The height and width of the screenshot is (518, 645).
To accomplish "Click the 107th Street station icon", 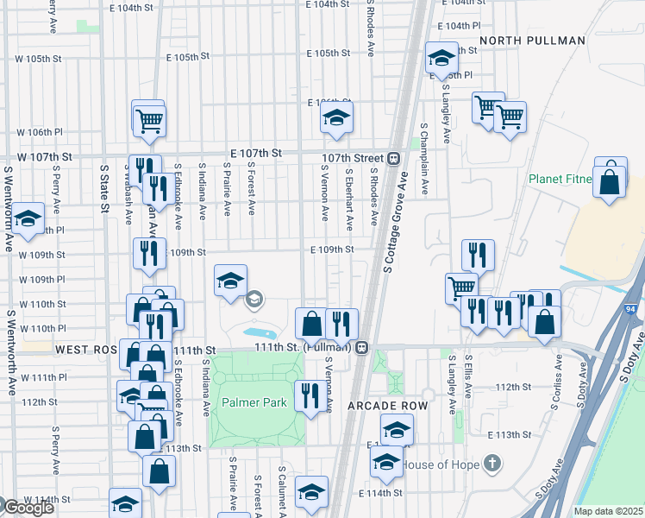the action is click(393, 158).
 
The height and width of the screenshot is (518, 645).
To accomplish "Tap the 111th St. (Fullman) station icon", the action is click(362, 348).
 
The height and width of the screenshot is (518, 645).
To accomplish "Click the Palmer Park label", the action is click(254, 403).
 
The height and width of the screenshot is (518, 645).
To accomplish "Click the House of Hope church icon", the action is click(492, 464).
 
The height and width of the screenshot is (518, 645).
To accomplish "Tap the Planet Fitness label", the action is click(561, 180).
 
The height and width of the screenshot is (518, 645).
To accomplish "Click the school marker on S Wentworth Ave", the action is click(28, 219).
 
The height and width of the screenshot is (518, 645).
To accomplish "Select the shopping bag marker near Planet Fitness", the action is click(610, 181).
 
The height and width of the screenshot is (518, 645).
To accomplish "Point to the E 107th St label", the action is click(255, 153).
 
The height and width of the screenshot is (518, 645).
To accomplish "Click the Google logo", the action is click(28, 508).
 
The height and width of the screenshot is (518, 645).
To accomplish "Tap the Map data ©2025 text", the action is click(609, 511).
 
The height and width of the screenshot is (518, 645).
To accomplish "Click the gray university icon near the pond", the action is click(254, 300).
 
